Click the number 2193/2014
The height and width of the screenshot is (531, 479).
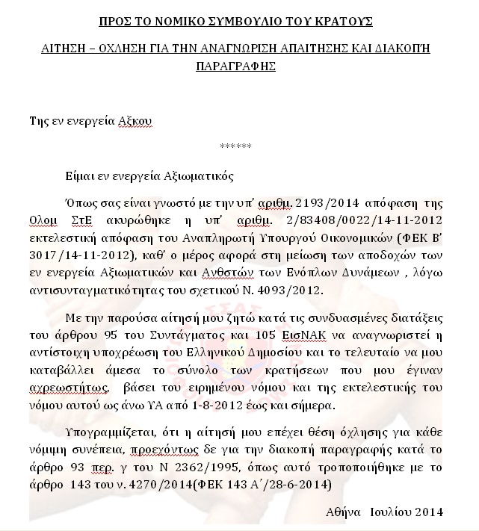(x=324, y=203)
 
